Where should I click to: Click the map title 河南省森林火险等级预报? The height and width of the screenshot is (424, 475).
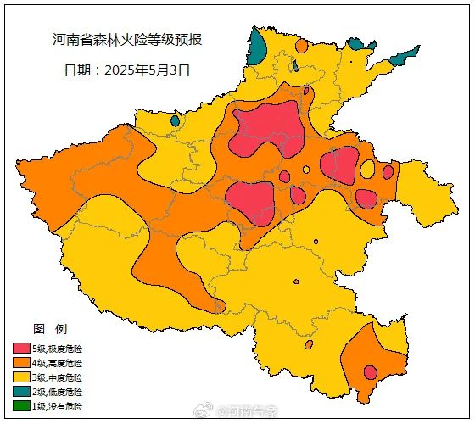click(x=127, y=40)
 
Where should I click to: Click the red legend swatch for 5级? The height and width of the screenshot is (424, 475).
click(x=21, y=349)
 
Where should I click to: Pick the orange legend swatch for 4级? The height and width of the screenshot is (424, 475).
click(x=21, y=363)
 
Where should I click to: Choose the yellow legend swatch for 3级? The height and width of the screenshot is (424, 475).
click(x=21, y=377)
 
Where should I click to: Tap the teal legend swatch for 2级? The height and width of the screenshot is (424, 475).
click(x=21, y=392)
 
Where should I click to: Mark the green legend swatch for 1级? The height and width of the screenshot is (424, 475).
click(x=21, y=406)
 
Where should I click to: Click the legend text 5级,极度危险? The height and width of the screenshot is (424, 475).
click(x=58, y=349)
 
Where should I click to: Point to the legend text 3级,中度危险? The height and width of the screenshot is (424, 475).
click(x=58, y=377)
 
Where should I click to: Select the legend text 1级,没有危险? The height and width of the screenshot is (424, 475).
click(x=58, y=406)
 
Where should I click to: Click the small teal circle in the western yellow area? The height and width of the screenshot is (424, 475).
click(x=175, y=120)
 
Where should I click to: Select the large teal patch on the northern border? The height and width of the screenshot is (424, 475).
click(x=257, y=47)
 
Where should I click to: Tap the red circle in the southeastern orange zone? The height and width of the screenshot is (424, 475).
click(x=370, y=371)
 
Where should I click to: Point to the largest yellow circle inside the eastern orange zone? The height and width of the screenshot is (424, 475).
click(x=367, y=170)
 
